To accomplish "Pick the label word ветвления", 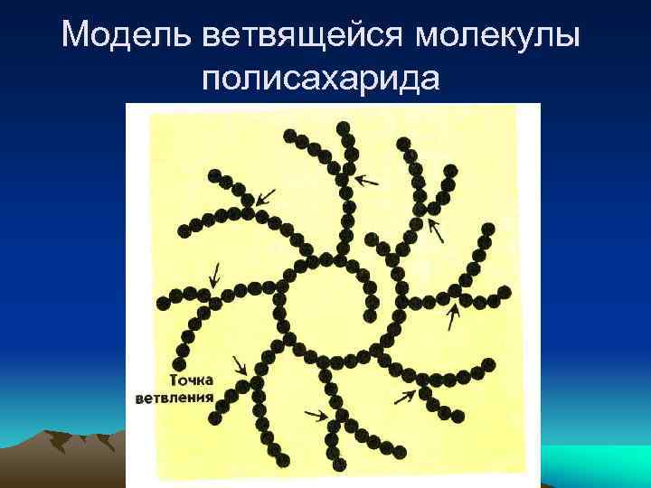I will click(175, 398).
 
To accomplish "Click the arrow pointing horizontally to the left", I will click(367, 179).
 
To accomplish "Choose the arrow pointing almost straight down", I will click(214, 272).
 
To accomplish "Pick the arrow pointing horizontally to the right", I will click(316, 415).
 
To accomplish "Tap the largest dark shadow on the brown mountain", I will click(60, 443).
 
